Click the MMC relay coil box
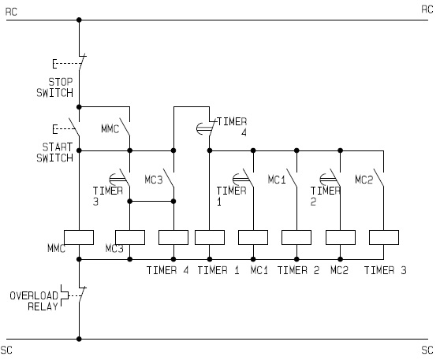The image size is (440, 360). click(x=79, y=237)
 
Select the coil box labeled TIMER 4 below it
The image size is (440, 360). click(x=173, y=237)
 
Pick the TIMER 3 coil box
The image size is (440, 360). click(x=384, y=237)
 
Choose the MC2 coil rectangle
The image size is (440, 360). click(x=341, y=237)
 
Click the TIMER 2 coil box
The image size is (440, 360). click(x=296, y=237)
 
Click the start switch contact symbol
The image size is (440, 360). click(x=74, y=128)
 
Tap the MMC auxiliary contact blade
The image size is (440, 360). click(x=125, y=127)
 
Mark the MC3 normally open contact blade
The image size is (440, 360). click(x=169, y=178)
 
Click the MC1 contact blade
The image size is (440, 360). click(x=292, y=178)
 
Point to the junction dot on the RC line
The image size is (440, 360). click(x=79, y=20)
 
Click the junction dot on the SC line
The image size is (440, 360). click(x=79, y=339)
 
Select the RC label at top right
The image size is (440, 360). click(x=427, y=9)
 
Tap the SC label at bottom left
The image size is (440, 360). click(x=6, y=351)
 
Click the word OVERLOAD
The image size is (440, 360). click(x=34, y=295)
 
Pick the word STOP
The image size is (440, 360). click(x=61, y=82)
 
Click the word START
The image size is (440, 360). click(x=58, y=147)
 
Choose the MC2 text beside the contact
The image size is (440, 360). click(x=364, y=180)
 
